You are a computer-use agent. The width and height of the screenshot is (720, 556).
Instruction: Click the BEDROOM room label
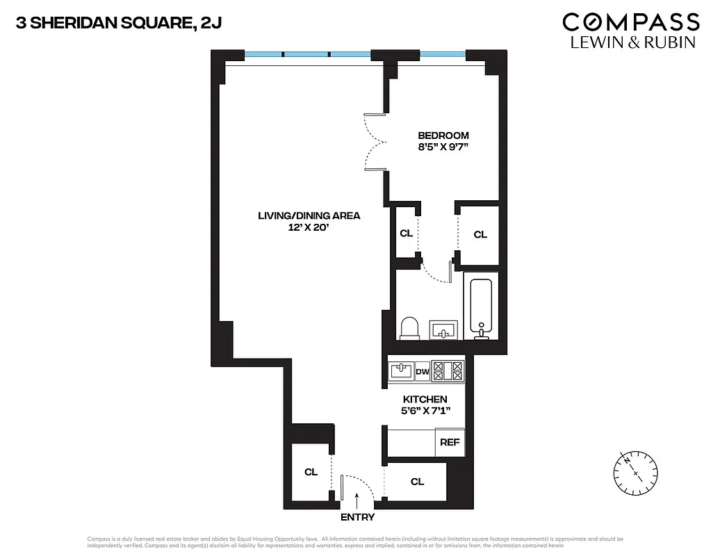click(443, 136)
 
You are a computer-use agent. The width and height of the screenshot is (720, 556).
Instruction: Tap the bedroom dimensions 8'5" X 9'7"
click(443, 147)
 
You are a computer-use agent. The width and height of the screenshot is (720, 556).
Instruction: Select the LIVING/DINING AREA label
click(309, 215)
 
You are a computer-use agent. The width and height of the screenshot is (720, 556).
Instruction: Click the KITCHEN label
click(425, 399)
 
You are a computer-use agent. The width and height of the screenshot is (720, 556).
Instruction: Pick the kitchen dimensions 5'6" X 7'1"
click(425, 411)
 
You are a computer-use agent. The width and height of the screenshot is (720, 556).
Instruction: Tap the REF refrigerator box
click(450, 442)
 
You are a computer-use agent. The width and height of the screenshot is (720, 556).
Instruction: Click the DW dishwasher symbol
click(422, 372)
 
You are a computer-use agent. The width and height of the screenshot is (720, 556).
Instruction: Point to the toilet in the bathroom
click(409, 327)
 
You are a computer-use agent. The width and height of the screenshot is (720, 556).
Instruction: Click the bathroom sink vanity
click(443, 328)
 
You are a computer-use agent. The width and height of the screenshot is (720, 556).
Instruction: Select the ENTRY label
click(357, 517)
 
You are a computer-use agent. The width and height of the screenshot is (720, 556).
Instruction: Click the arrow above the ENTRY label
click(357, 498)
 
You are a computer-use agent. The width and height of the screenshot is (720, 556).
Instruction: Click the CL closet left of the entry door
click(311, 472)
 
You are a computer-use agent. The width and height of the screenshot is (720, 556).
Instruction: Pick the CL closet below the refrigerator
click(417, 482)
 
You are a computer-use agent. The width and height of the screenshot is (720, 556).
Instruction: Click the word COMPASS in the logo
click(630, 22)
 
